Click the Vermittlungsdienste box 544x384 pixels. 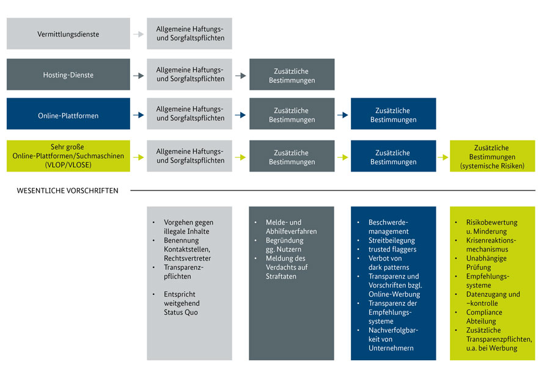(68, 34)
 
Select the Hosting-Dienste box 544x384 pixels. (68, 75)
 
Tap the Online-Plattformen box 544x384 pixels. (68, 115)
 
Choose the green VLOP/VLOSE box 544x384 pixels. (68, 156)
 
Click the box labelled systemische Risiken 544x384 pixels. (492, 156)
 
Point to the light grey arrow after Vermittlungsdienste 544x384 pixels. (139, 34)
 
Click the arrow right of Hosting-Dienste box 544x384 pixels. (139, 75)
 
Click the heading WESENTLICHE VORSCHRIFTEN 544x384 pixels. (67, 190)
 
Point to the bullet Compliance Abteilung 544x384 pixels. (484, 317)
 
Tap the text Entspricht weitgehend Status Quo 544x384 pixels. (182, 303)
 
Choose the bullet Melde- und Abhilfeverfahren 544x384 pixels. (291, 226)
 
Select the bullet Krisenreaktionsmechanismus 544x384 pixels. (491, 245)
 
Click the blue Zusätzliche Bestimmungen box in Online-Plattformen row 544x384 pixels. (393, 115)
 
